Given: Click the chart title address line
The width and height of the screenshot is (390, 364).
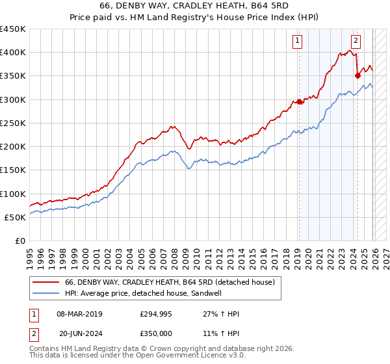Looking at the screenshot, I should click(195, 6).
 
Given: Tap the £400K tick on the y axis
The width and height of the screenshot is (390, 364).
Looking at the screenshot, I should click(13, 53).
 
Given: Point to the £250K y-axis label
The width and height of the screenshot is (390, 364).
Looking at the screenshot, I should click(13, 123).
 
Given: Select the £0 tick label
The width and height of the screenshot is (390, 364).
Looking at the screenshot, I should click(19, 240).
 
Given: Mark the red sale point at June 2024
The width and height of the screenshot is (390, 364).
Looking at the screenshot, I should click(357, 76).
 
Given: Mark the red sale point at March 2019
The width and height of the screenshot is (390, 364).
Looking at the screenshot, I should click(299, 101).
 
